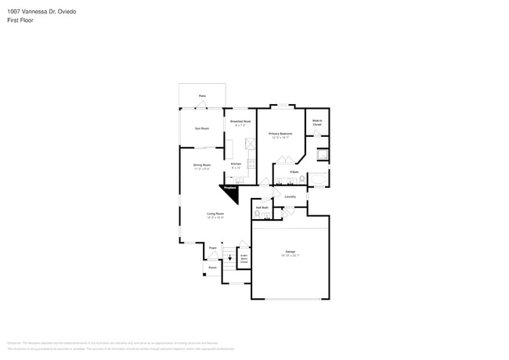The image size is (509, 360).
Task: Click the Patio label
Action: click(x=202, y=95)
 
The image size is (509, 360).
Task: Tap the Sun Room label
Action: click(x=202, y=128)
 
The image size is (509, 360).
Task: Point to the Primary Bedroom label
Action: click(x=280, y=135)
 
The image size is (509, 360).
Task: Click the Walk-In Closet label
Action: click(x=317, y=122)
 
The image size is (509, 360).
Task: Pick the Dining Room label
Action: click(x=202, y=165)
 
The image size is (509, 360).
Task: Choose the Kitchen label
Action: click(x=236, y=164)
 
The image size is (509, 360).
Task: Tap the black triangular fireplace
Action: click(x=230, y=191)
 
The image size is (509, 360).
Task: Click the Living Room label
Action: click(x=215, y=214)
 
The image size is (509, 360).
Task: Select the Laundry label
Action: click(x=290, y=196)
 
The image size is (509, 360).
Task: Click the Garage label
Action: click(x=290, y=252)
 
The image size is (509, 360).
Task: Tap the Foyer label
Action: click(x=212, y=247)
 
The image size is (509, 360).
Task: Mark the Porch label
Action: click(x=212, y=267)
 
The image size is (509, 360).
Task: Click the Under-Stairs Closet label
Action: click(x=244, y=258)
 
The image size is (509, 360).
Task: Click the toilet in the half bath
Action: click(x=257, y=214)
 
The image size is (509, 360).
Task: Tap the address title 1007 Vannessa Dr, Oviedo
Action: click(x=38, y=12)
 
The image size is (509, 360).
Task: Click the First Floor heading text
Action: click(x=21, y=20)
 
